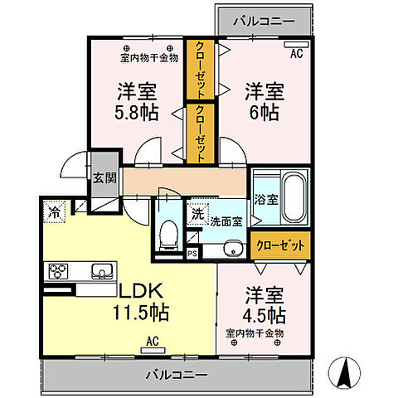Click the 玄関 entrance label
(x=104, y=177)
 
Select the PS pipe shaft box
(x=192, y=255)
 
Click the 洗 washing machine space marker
(x=197, y=212)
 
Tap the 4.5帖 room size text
(x=265, y=316)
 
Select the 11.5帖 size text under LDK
(x=141, y=313)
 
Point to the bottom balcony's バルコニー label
(x=177, y=374)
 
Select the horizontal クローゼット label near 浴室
(x=280, y=245)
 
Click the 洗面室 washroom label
(x=225, y=221)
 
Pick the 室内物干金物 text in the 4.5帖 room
(x=255, y=332)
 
